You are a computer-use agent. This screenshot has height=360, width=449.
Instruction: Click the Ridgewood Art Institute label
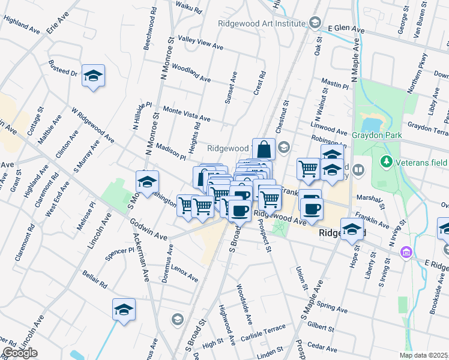click(x=262, y=23)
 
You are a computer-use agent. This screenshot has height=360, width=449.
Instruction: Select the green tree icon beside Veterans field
click(x=387, y=161)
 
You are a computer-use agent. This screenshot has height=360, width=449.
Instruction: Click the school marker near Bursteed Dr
click(x=93, y=76)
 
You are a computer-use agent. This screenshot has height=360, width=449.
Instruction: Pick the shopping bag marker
click(x=264, y=148)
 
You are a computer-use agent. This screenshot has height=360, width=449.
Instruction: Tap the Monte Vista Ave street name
click(x=187, y=114)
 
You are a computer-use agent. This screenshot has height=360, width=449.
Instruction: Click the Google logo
click(x=20, y=353)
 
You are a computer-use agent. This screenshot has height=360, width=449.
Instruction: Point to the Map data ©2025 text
click(x=424, y=355)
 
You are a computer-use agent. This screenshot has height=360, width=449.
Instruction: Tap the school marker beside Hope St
click(x=352, y=229)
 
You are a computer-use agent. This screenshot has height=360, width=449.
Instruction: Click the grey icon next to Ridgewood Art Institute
click(x=315, y=23)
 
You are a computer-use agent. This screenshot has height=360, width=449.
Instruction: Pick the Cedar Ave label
click(x=322, y=347)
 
